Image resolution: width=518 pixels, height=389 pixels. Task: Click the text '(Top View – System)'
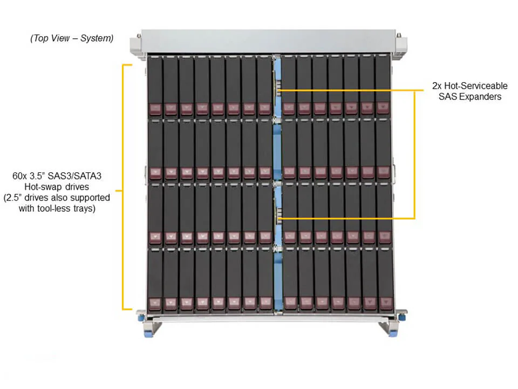click(72, 38)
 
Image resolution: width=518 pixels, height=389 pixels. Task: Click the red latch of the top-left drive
click(155, 109)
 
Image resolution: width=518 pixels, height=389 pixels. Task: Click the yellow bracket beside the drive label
click(124, 186)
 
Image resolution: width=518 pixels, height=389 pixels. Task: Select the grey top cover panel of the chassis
click(267, 41)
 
